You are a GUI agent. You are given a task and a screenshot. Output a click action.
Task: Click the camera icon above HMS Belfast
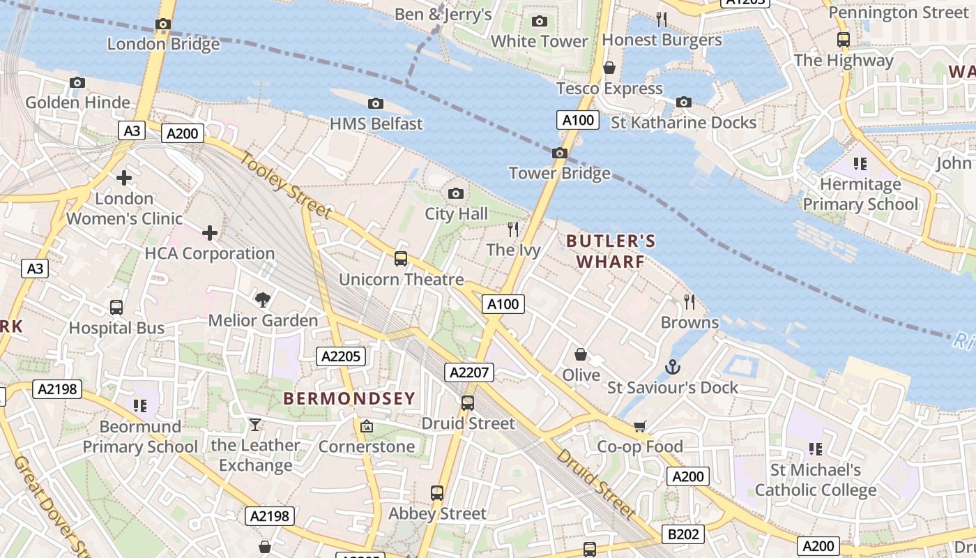tap(376, 104)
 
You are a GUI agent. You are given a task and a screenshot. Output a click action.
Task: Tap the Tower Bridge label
tap(559, 173)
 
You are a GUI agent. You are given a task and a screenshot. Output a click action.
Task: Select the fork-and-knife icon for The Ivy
tap(513, 229)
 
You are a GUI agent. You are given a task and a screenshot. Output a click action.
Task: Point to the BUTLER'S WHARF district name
tap(611, 251)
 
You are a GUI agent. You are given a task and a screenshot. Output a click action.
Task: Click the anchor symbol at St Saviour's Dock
tap(672, 367)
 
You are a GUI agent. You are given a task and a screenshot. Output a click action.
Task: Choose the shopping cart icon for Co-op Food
tap(640, 426)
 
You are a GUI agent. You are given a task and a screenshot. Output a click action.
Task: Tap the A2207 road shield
tap(469, 372)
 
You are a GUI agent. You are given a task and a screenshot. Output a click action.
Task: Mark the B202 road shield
tap(683, 534)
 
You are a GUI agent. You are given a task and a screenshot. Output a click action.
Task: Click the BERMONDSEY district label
tap(349, 398)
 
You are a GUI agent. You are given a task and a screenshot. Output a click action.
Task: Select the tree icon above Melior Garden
tap(263, 300)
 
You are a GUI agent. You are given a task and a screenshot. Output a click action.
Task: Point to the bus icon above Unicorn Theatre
tap(401, 259)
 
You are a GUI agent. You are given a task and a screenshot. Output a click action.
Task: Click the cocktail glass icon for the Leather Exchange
tap(255, 425)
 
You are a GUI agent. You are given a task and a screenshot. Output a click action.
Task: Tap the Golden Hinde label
tap(78, 103)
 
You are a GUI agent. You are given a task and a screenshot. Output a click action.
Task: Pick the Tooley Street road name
tap(287, 184)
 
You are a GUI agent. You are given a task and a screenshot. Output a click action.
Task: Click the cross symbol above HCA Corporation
tap(210, 233)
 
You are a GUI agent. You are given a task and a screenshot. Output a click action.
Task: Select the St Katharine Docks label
tap(683, 123)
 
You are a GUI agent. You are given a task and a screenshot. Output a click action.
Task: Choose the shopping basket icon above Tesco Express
tap(609, 68)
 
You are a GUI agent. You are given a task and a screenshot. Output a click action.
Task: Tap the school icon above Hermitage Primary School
tap(860, 164)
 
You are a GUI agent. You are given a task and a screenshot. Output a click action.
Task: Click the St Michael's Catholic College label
tap(815, 480)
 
